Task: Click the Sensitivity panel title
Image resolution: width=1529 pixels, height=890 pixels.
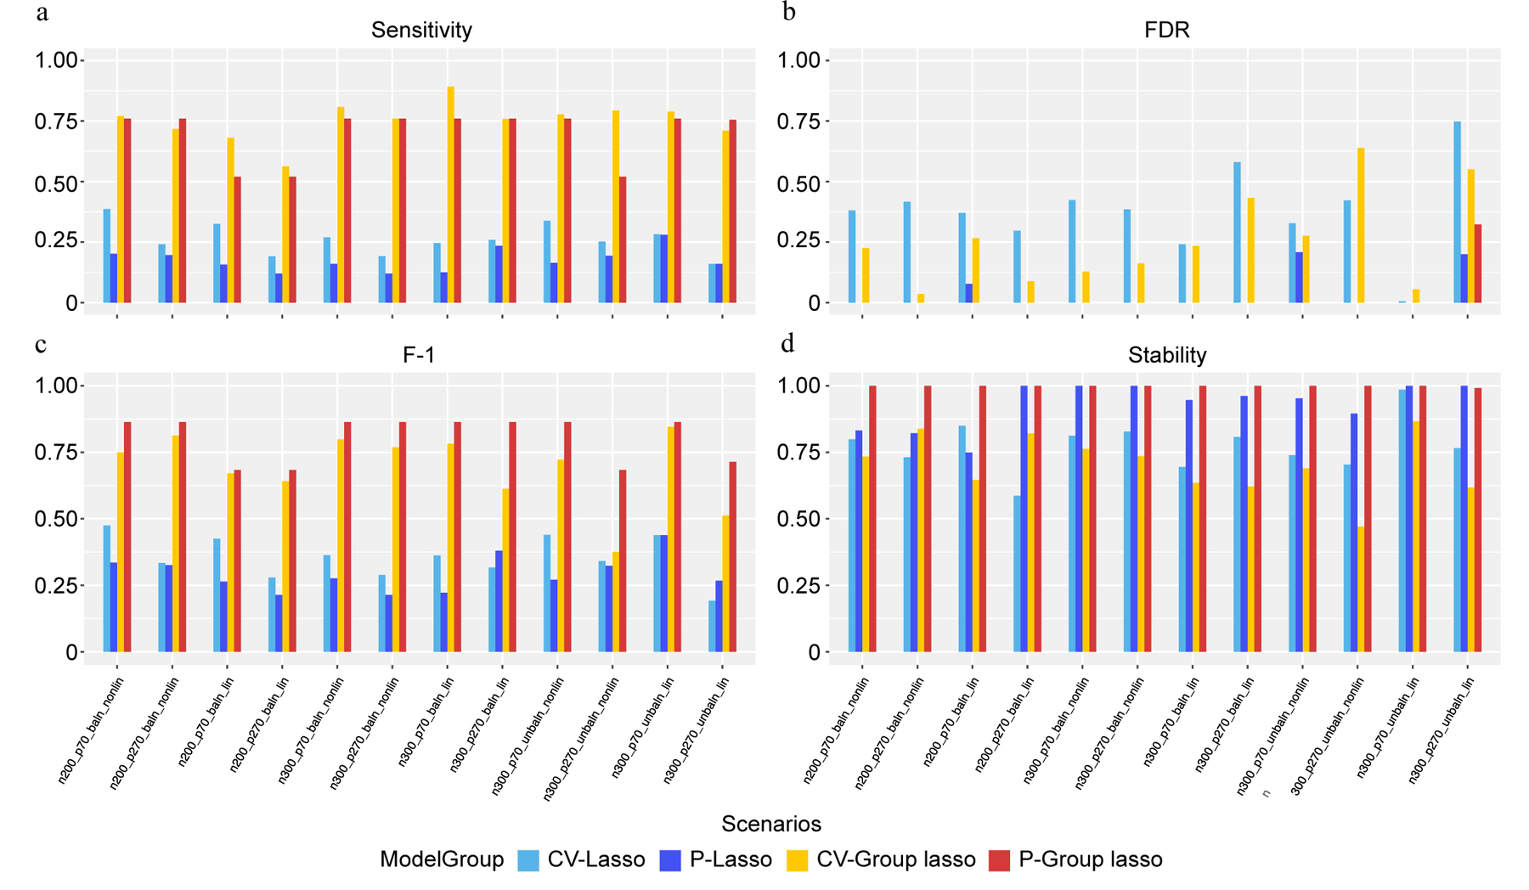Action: [x=421, y=31]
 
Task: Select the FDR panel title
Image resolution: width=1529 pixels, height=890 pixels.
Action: [x=1166, y=31]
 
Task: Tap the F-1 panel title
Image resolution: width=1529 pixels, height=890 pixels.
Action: [x=419, y=355]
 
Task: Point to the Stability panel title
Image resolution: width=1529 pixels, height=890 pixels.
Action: [x=1166, y=355]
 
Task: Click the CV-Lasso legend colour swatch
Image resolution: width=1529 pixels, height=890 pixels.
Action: [x=528, y=860]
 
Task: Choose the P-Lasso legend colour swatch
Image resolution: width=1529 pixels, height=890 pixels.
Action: [x=670, y=860]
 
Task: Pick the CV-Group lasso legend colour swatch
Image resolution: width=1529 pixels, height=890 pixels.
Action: [x=798, y=860]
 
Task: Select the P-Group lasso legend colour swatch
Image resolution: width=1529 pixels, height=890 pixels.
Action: [x=1000, y=860]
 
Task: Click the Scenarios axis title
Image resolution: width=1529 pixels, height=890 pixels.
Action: [x=770, y=824]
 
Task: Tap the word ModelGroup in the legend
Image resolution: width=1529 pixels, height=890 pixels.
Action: [x=442, y=859]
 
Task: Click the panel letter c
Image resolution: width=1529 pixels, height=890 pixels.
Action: [x=41, y=344]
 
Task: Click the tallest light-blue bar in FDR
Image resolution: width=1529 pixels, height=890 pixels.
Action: [x=1458, y=212]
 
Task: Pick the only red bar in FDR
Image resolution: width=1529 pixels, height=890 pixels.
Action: [x=1478, y=263]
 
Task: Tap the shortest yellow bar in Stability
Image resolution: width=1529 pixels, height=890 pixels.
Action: [x=1361, y=589]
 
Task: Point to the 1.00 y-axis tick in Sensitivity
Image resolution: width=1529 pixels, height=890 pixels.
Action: [x=55, y=60]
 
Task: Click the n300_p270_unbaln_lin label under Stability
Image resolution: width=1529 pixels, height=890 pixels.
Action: [x=1442, y=729]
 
